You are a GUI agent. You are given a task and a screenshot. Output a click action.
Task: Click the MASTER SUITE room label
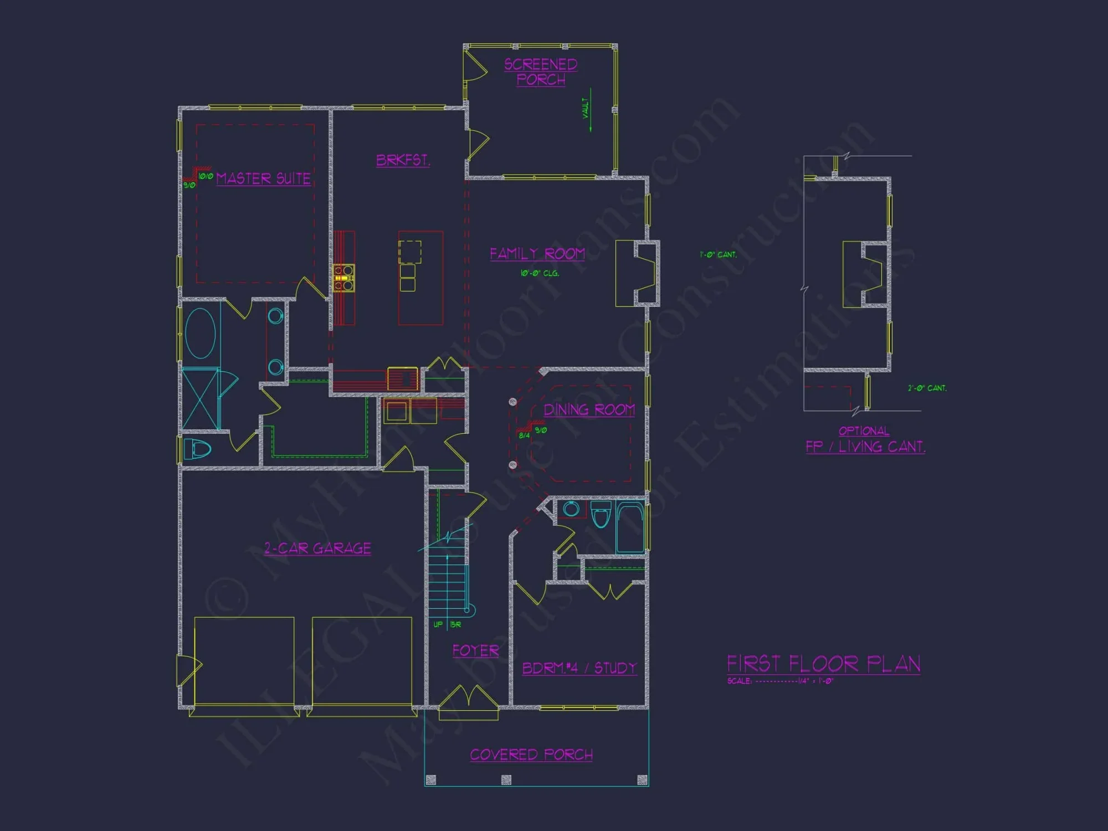point(263,178)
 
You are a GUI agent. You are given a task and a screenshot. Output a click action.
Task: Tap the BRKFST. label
point(403,160)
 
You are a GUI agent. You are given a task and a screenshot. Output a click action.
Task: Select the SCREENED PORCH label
point(541,72)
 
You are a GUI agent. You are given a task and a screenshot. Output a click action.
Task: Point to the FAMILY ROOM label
point(537,254)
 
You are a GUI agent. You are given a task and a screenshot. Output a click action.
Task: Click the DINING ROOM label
point(589,410)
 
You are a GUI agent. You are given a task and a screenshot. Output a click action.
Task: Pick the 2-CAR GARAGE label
point(317,548)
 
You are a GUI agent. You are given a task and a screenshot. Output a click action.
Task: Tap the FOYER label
point(475,650)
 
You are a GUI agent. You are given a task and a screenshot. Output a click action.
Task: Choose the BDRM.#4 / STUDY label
point(579,668)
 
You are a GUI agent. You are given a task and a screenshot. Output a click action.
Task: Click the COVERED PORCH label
point(531,755)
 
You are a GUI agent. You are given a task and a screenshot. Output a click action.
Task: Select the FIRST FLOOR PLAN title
point(823,664)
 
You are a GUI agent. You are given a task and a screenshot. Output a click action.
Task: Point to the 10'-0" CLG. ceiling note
point(540,273)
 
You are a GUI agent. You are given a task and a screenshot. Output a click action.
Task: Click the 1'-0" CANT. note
point(718,255)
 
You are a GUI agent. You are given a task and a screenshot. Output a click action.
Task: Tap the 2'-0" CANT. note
point(927,388)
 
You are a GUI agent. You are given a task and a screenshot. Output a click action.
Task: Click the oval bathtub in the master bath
point(200,334)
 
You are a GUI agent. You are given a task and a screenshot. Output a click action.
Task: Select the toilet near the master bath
point(197,449)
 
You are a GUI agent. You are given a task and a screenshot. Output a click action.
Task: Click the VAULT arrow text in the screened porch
point(586,109)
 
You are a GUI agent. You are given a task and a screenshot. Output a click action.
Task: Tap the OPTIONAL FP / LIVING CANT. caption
point(865,440)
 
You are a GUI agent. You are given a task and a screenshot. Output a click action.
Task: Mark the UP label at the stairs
point(438,624)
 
